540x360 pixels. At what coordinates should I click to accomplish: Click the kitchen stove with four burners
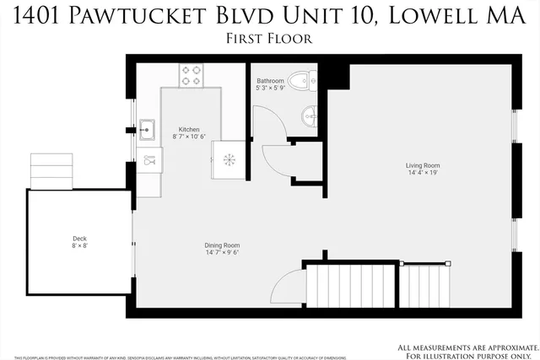click(x=190, y=75)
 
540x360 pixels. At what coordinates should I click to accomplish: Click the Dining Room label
click(x=222, y=244)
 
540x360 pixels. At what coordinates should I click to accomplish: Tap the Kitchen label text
click(x=189, y=129)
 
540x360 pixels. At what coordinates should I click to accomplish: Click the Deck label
click(x=79, y=239)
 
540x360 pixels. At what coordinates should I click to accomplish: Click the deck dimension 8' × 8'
click(x=79, y=246)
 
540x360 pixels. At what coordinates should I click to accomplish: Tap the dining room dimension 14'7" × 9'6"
click(x=222, y=252)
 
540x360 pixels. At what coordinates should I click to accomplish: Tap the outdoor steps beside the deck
click(x=52, y=171)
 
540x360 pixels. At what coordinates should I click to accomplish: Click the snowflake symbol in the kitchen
click(x=228, y=159)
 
